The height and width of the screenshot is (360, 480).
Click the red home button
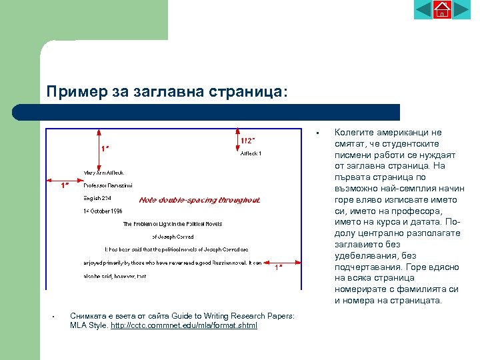pos(442,10)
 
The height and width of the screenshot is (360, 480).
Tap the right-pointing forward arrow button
pos(461,10)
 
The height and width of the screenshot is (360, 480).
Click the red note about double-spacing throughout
pos(199,199)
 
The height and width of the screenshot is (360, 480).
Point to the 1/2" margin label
pos(249,141)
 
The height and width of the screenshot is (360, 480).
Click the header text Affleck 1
pos(251,153)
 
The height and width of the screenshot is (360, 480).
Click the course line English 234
pos(97,198)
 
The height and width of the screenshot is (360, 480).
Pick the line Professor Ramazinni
pos(108,185)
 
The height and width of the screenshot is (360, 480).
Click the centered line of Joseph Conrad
pos(173,237)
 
